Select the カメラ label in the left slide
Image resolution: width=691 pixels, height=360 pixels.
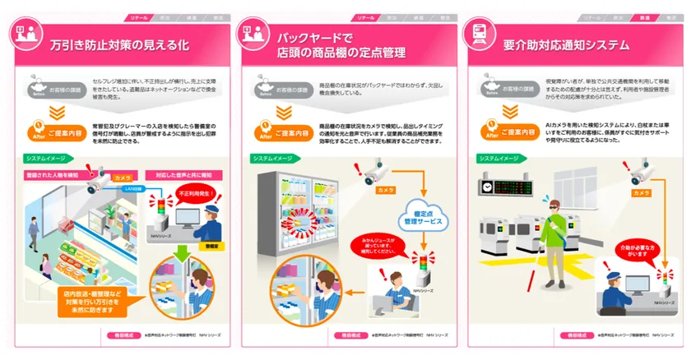(x=122, y=177)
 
